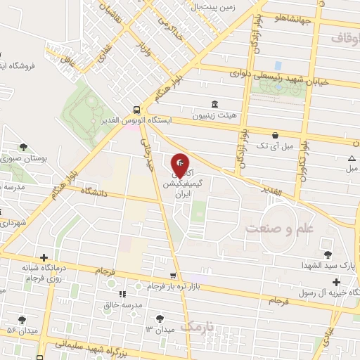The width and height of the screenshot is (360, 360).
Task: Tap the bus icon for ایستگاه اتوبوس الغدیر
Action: click(x=136, y=110)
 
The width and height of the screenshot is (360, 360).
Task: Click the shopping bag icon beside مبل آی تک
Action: click(x=275, y=135)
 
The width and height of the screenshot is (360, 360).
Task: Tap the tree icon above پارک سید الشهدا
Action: click(x=327, y=254)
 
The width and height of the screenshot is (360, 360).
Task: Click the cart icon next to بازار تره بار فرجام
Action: click(x=173, y=275)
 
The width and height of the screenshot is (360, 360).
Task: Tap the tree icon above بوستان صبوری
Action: click(x=24, y=147)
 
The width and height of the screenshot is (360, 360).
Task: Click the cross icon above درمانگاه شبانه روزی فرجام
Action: click(x=44, y=259)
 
